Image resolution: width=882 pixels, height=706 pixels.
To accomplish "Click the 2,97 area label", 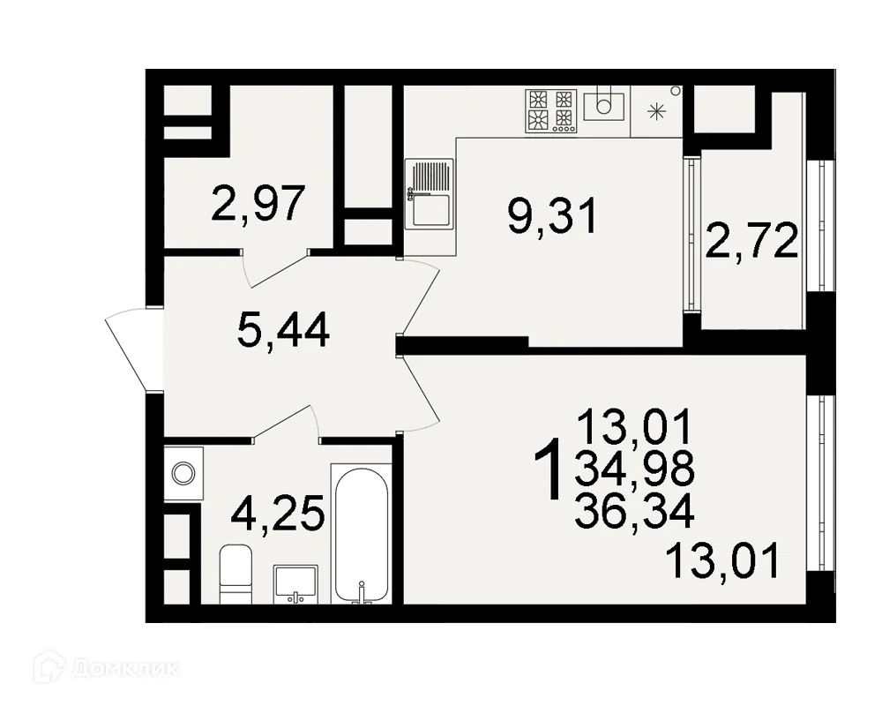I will point(258,204).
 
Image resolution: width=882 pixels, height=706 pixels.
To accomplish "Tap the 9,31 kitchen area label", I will point(553,215).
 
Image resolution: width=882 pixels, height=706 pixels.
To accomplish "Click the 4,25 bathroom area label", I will point(277,514).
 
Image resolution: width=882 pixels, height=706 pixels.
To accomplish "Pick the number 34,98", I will point(634,470).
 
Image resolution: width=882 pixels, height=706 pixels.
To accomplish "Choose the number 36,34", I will point(634,509).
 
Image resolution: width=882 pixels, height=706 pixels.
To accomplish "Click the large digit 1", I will point(550,472).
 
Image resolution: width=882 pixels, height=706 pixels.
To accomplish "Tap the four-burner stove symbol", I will point(551,110).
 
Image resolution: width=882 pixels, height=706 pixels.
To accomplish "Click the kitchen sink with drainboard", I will point(429,194).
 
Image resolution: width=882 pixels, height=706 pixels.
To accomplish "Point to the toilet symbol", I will point(235,574).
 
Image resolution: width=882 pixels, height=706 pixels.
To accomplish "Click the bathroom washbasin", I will point(297,583).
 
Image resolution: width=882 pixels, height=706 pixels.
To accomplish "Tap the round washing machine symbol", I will point(183,473).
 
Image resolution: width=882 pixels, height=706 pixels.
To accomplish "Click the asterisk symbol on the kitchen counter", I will point(656,111).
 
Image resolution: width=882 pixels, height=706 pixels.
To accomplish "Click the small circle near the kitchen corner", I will point(676,90).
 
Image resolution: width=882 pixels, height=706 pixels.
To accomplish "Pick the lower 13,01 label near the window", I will point(723,561).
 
